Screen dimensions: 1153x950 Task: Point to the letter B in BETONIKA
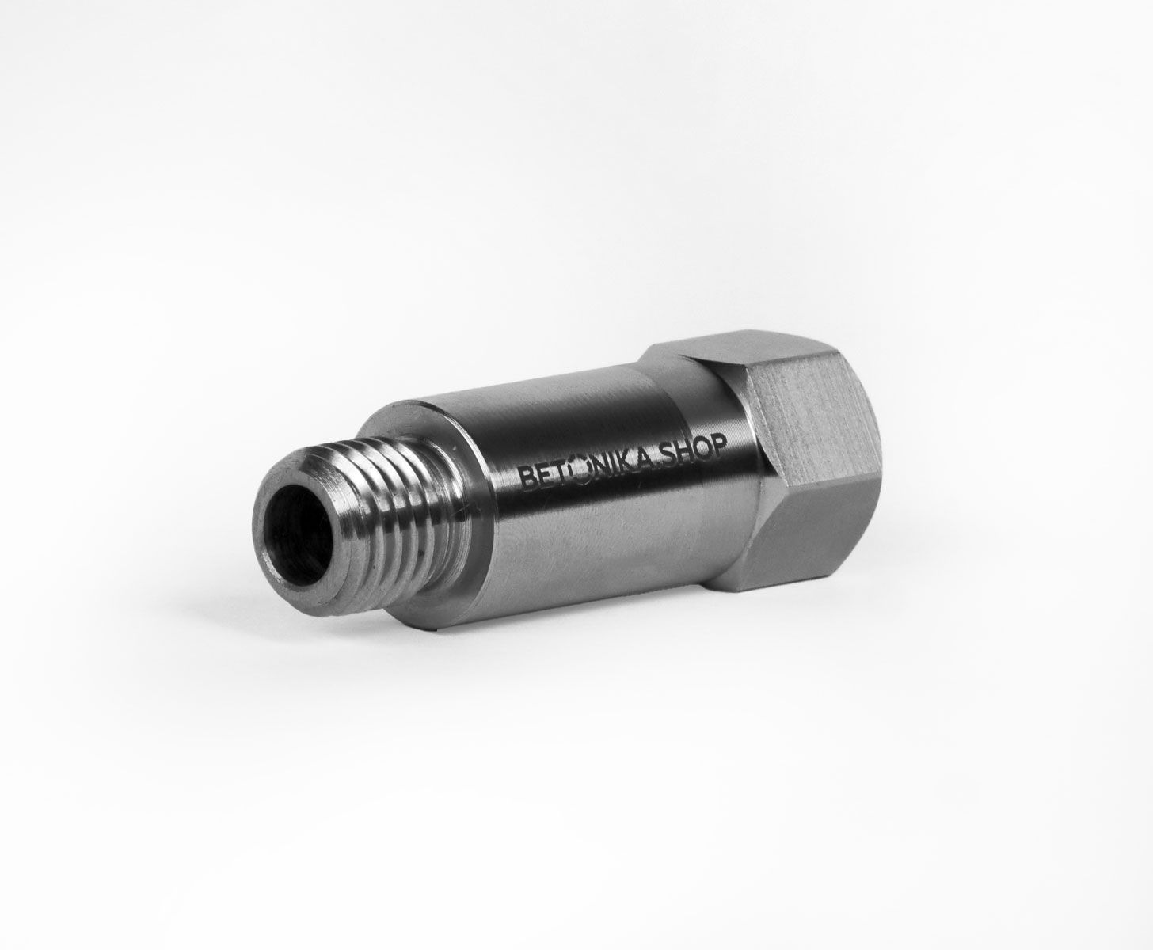pyautogui.click(x=524, y=477)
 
